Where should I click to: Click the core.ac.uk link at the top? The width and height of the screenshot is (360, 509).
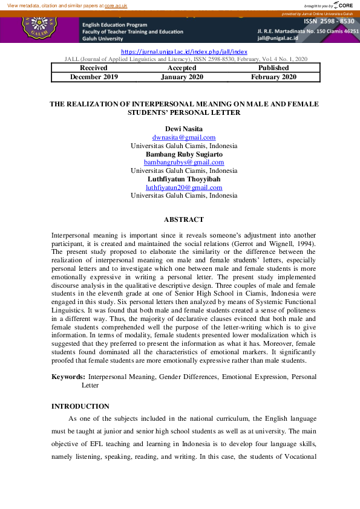[116, 5]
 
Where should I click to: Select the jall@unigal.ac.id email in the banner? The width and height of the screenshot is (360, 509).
[278, 39]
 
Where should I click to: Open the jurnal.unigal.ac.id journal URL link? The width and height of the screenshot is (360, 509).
[185, 53]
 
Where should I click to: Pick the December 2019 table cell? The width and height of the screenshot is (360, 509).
[94, 77]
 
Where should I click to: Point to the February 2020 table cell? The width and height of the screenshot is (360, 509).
[273, 77]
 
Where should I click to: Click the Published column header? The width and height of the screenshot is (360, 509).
[273, 68]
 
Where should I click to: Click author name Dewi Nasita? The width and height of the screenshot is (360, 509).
[184, 129]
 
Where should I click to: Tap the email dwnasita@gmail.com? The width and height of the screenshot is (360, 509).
[184, 138]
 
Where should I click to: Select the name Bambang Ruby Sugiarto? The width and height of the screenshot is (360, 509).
[184, 154]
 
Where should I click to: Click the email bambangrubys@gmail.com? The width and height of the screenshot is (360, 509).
[184, 163]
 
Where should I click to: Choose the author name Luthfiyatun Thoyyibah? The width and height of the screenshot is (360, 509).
[184, 179]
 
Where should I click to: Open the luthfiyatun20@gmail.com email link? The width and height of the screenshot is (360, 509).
[184, 187]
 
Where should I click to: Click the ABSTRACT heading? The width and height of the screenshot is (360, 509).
[184, 219]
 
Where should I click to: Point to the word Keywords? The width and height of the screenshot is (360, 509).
[68, 377]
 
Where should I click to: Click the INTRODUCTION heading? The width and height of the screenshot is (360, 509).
[80, 406]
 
